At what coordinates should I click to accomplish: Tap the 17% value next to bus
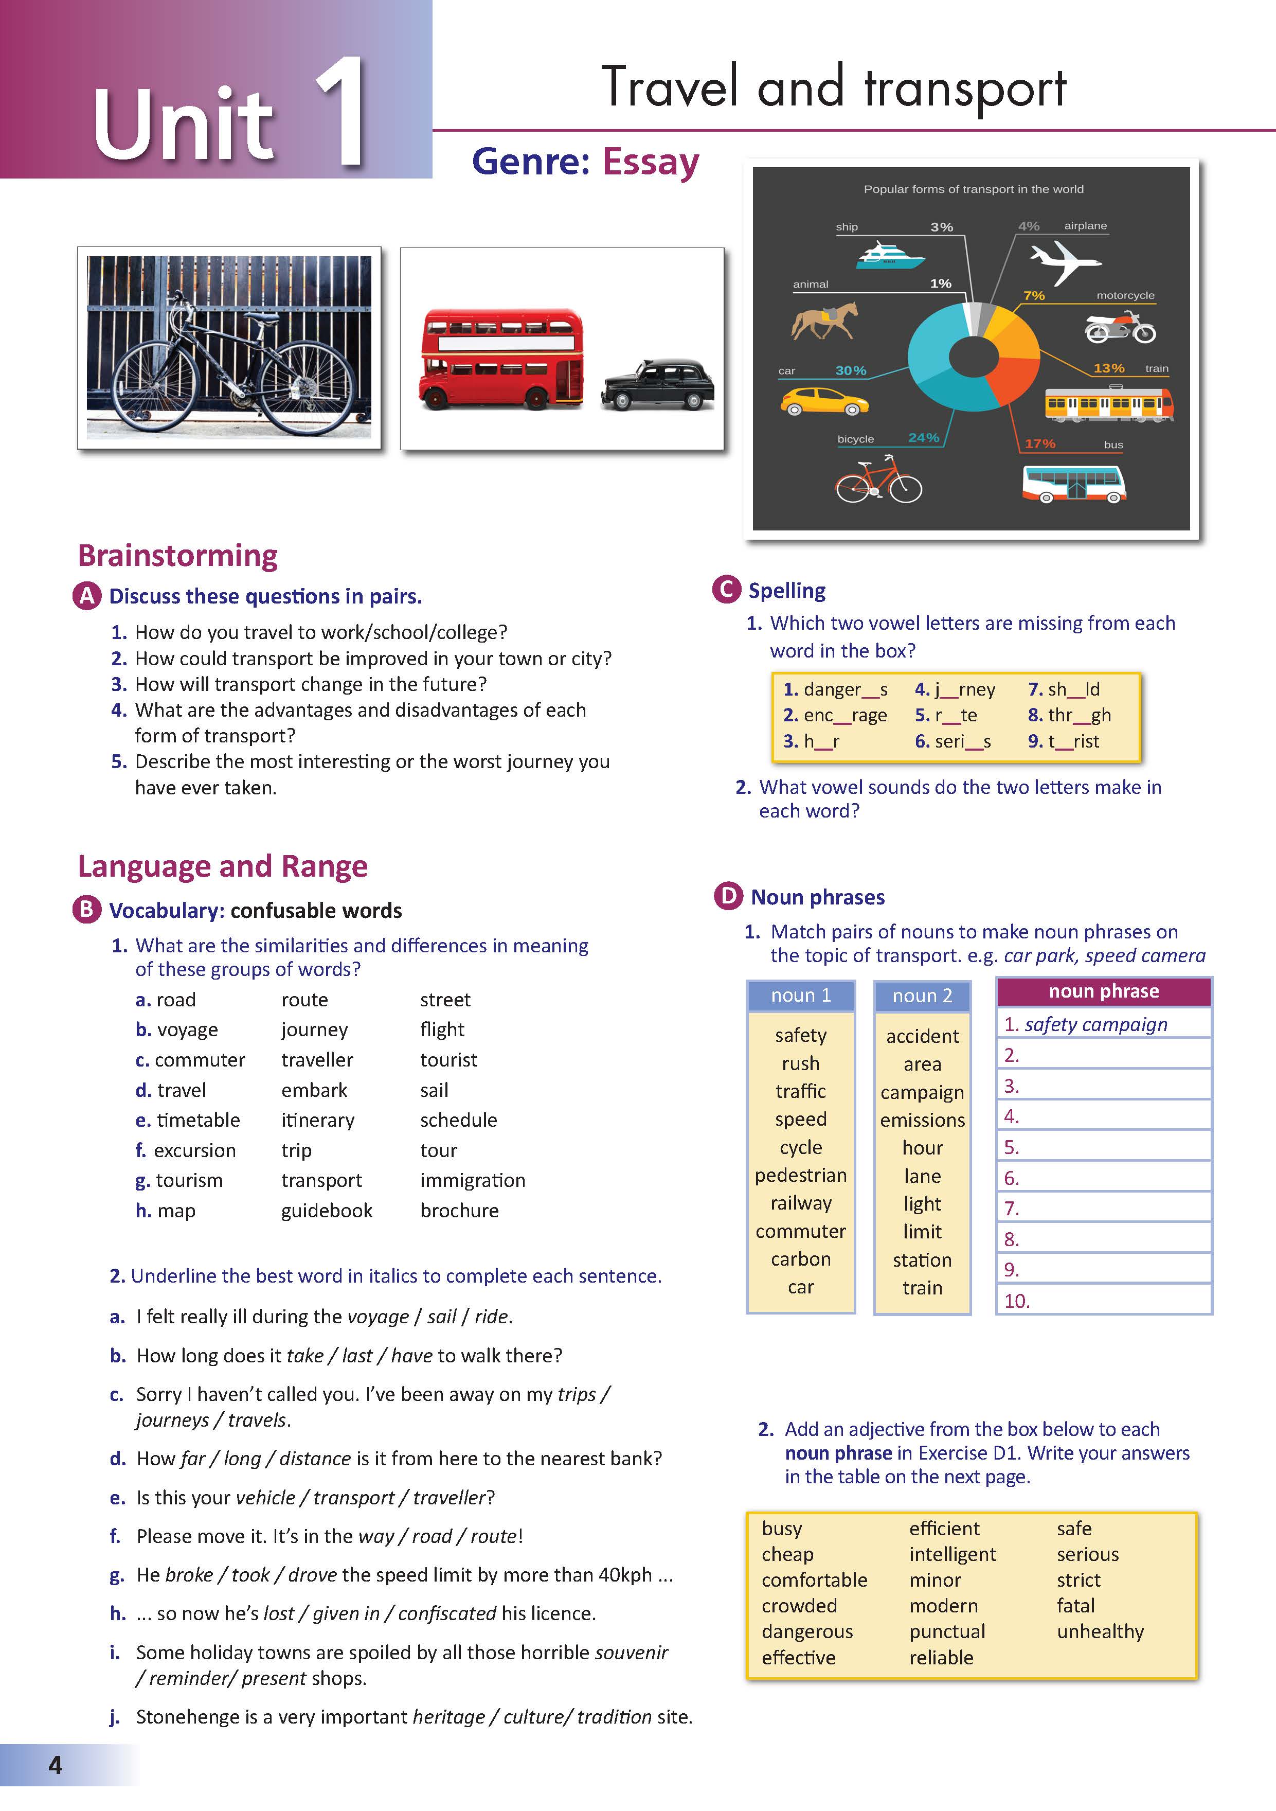[x=1039, y=444]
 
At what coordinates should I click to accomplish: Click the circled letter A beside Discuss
[x=87, y=596]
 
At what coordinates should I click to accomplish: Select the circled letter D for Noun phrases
[x=728, y=896]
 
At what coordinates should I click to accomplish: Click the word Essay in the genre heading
[x=651, y=163]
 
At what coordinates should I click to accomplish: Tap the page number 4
[x=55, y=1765]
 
